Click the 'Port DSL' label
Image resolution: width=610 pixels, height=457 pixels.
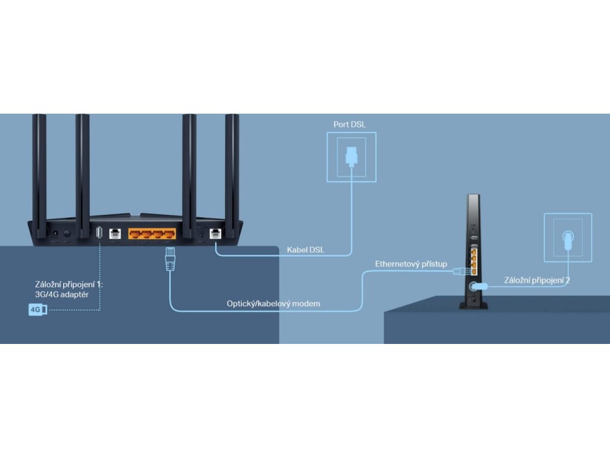(x=350, y=124)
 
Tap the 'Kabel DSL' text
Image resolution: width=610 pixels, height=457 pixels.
(x=306, y=250)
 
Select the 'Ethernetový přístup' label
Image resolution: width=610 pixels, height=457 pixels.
(x=410, y=264)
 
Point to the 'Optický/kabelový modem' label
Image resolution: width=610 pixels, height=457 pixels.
(x=273, y=304)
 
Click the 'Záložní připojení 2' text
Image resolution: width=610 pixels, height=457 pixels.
(x=537, y=280)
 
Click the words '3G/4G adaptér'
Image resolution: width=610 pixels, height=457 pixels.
(x=61, y=295)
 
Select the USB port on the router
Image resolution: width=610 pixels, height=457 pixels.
(x=99, y=233)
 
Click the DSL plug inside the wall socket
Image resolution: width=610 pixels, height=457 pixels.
(x=351, y=156)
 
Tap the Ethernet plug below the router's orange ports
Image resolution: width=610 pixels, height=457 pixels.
(x=169, y=261)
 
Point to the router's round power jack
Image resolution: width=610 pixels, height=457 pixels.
(x=54, y=234)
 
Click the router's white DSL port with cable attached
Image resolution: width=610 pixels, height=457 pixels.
(x=216, y=233)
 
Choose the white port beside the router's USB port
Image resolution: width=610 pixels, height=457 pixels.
(x=116, y=233)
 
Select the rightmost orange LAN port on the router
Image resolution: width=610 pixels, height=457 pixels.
(x=170, y=233)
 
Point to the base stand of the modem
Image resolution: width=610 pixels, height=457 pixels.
(x=473, y=305)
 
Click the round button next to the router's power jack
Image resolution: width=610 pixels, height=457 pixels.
(x=67, y=234)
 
